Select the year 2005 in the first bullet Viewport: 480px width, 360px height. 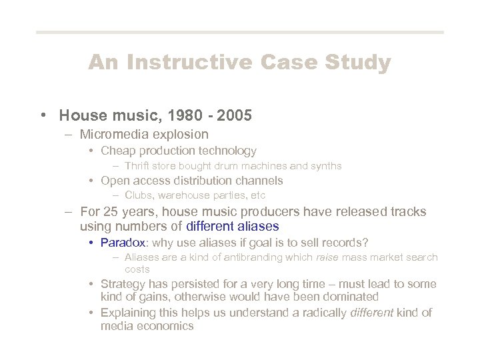pos(234,115)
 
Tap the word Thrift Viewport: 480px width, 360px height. pos(137,165)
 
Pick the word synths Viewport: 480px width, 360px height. pos(326,165)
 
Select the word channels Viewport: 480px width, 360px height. pos(259,181)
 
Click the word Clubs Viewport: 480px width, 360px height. pos(138,195)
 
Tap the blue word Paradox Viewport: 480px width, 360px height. pos(122,242)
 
